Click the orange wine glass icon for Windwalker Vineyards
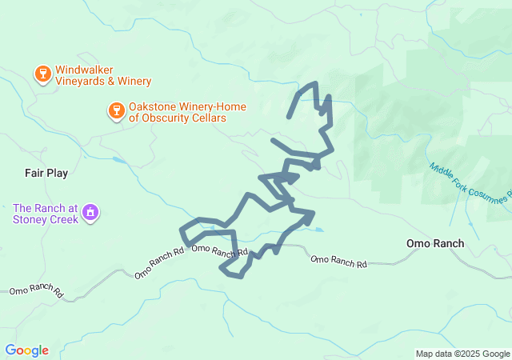click(42, 74)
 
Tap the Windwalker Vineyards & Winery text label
click(102, 75)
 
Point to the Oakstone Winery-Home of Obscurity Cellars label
click(177, 112)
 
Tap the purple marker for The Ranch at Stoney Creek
click(90, 214)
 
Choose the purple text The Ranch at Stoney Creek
click(45, 214)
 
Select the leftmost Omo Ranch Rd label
click(36, 291)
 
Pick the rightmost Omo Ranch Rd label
click(338, 260)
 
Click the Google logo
click(26, 350)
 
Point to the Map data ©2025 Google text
click(462, 354)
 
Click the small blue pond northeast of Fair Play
click(119, 160)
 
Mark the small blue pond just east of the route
click(318, 230)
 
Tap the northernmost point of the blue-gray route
click(315, 83)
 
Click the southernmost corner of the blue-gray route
click(241, 277)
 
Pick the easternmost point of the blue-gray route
click(332, 148)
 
